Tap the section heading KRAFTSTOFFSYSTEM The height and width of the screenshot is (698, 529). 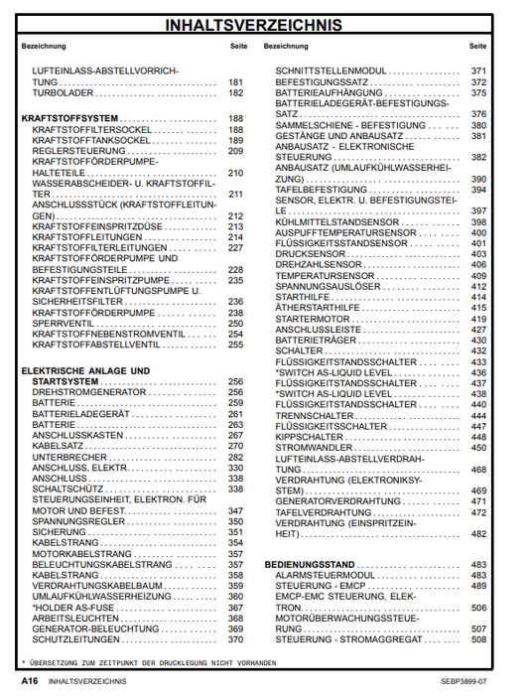[64, 118]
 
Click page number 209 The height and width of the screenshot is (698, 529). [235, 152]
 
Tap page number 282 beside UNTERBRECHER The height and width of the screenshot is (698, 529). [235, 458]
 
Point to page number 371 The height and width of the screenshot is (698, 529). [478, 71]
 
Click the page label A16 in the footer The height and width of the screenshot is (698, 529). [30, 683]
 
